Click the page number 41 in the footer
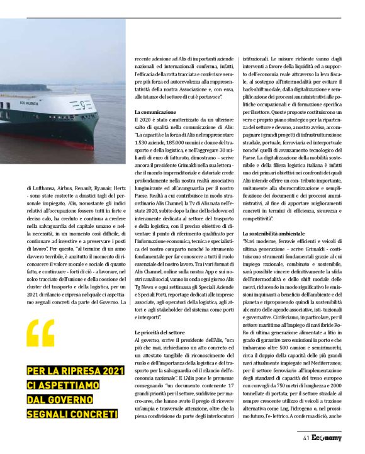click(x=305, y=438)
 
